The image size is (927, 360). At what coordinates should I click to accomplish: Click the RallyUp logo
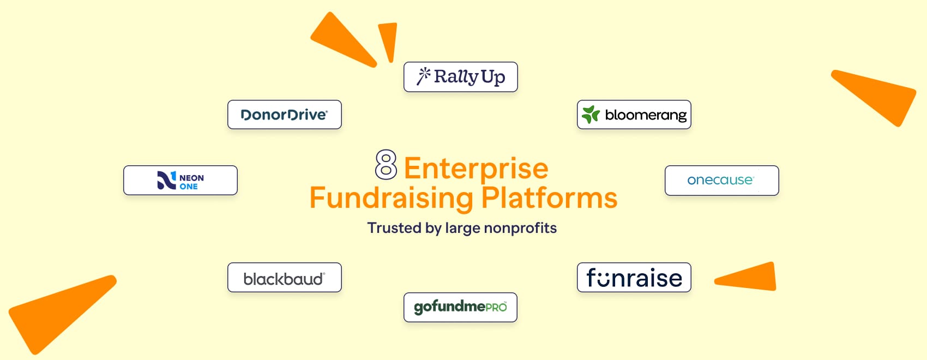pyautogui.click(x=461, y=77)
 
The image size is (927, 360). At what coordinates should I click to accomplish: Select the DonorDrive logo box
pyautogui.click(x=285, y=115)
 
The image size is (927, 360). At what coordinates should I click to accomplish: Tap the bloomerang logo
pyautogui.click(x=634, y=115)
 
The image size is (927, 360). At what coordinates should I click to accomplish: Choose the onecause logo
pyautogui.click(x=721, y=180)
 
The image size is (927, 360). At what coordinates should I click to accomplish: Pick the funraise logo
pyautogui.click(x=634, y=278)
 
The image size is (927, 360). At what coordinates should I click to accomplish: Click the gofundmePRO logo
pyautogui.click(x=460, y=307)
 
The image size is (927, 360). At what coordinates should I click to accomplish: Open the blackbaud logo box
pyautogui.click(x=285, y=278)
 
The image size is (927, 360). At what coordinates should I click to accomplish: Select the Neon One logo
pyautogui.click(x=180, y=180)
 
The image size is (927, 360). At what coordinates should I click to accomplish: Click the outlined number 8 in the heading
pyautogui.click(x=386, y=165)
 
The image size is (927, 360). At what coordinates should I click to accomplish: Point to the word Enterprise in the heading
pyautogui.click(x=476, y=168)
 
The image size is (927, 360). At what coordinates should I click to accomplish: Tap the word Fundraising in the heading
pyautogui.click(x=391, y=198)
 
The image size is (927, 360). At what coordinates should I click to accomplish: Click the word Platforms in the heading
pyautogui.click(x=549, y=198)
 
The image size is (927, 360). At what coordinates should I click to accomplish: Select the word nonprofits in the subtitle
pyautogui.click(x=520, y=228)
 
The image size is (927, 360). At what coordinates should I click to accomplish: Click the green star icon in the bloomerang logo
pyautogui.click(x=591, y=115)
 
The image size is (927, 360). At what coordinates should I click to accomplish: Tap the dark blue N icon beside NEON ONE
pyautogui.click(x=166, y=180)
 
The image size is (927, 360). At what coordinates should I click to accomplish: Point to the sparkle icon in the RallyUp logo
pyautogui.click(x=424, y=76)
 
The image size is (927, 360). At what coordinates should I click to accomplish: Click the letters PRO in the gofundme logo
pyautogui.click(x=496, y=307)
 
